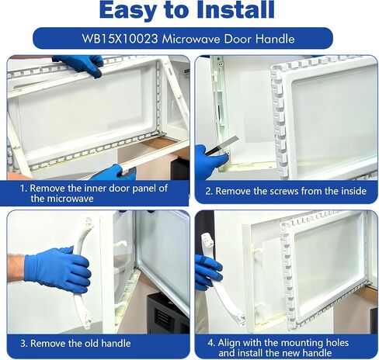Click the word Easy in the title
pos(127,10)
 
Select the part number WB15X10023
pos(120,39)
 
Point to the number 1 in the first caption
pos(23,189)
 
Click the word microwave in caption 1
pos(62,199)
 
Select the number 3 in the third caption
pos(23,344)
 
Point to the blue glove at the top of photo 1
pos(80,64)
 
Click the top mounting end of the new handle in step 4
pos(207,240)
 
